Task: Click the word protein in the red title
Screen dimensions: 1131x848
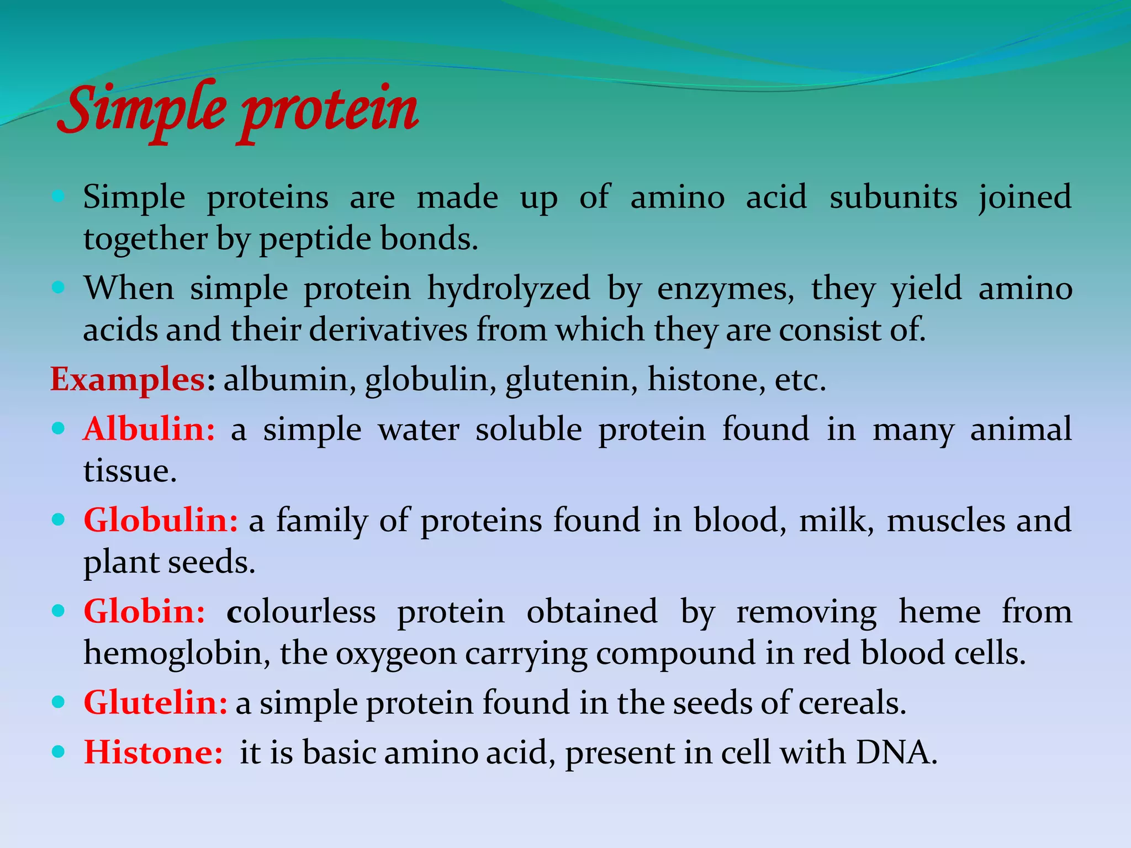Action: pyautogui.click(x=328, y=113)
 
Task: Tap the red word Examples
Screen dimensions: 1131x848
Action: pyautogui.click(x=128, y=380)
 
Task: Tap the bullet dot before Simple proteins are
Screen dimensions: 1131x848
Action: pyautogui.click(x=59, y=196)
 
